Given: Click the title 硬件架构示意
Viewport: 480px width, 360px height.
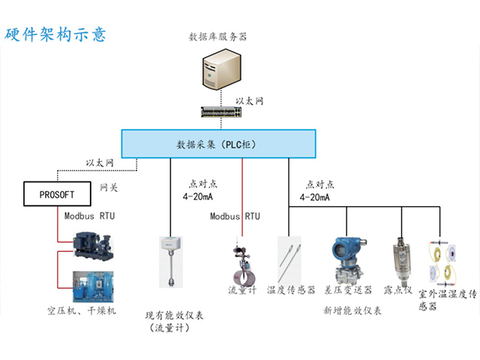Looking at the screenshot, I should coord(56,34).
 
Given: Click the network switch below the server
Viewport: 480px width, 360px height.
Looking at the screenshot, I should coord(222,113).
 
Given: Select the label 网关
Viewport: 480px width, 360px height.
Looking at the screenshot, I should coord(109,187).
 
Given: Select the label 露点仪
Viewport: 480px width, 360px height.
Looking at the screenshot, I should coord(397,290).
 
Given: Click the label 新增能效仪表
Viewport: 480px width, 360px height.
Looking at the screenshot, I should coord(352,310).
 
